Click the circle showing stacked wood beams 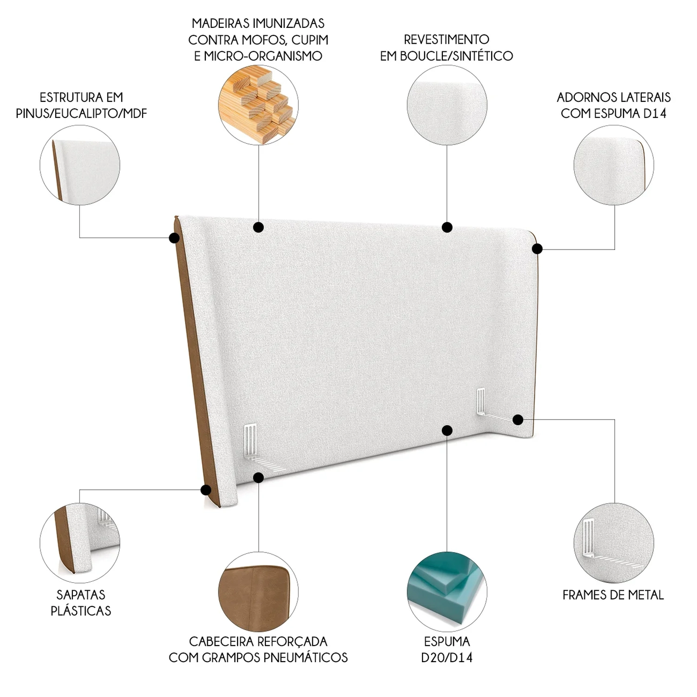(258, 105)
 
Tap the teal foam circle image (447, 592)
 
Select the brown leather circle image (258, 592)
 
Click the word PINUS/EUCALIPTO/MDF (81, 113)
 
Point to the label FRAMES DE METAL (613, 595)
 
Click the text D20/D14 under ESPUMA (447, 658)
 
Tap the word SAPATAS (81, 594)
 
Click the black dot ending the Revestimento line (447, 227)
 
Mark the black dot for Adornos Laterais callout (537, 249)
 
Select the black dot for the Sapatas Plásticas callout (205, 489)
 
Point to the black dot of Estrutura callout (174, 238)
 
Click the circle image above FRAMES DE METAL (614, 543)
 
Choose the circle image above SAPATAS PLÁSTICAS (80, 543)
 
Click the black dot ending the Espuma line (447, 430)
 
